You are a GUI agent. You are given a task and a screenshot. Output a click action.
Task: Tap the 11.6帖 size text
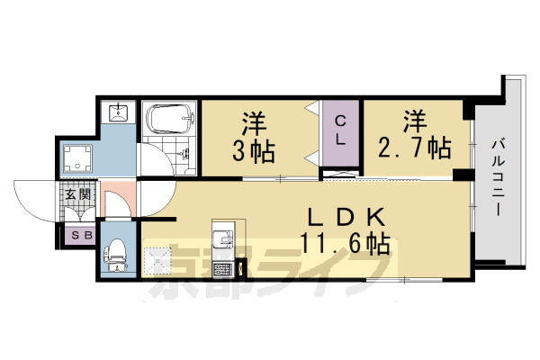347,243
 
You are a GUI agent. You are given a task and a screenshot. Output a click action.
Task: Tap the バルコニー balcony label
498,176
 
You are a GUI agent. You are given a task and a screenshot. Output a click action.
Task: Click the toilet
115,254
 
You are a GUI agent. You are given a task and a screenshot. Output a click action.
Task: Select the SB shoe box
76,236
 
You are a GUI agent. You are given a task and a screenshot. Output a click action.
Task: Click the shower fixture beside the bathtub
187,148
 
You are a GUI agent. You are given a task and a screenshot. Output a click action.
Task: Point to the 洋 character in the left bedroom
256,121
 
